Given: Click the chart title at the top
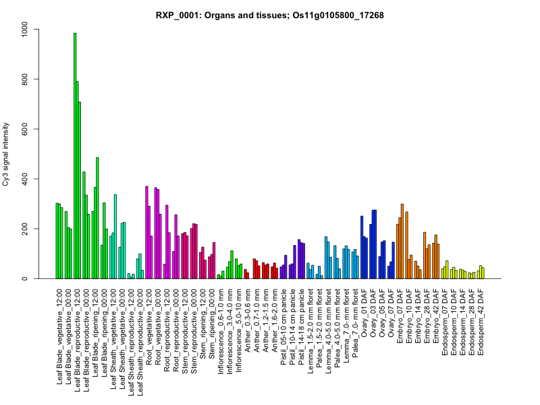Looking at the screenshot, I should pos(269,15).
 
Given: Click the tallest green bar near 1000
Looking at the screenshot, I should pos(75,155).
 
